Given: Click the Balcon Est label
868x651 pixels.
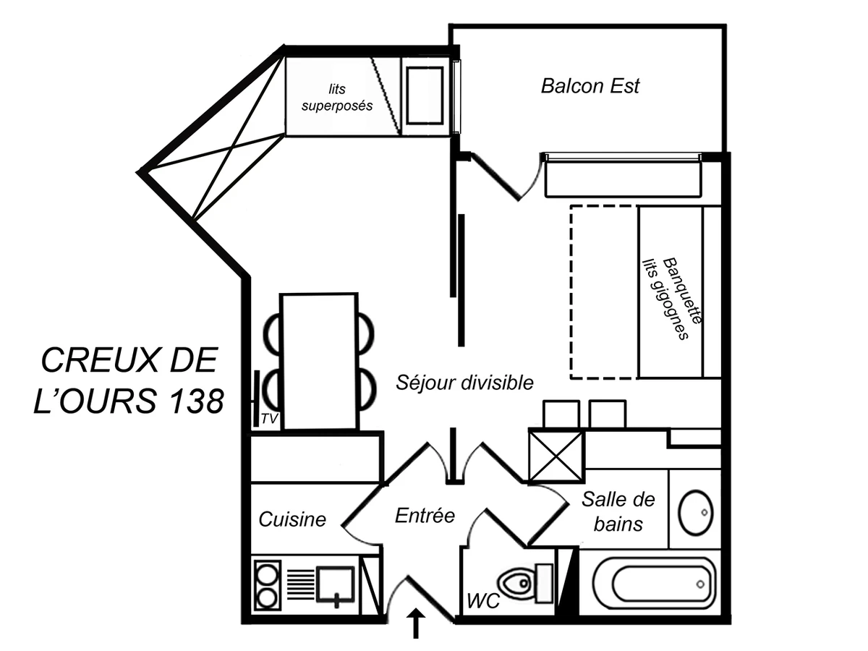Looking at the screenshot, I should pyautogui.click(x=590, y=86).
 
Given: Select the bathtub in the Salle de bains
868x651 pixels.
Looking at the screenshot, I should pyautogui.click(x=652, y=583).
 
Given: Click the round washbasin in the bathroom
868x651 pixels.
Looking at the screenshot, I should pyautogui.click(x=696, y=513).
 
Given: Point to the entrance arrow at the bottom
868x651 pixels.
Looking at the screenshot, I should pyautogui.click(x=417, y=624).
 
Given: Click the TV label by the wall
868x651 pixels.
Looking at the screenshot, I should pyautogui.click(x=269, y=419).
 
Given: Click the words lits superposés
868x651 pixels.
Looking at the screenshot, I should pyautogui.click(x=337, y=98).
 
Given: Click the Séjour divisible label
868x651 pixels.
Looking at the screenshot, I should pyautogui.click(x=464, y=383).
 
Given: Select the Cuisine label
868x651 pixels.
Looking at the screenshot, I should pyautogui.click(x=292, y=519).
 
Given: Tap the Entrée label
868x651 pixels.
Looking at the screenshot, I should pyautogui.click(x=425, y=516).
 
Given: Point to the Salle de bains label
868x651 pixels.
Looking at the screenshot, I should pyautogui.click(x=618, y=511).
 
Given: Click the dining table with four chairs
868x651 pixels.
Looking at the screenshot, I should pyautogui.click(x=320, y=361).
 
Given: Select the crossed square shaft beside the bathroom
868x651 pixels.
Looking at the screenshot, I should pyautogui.click(x=556, y=456).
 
